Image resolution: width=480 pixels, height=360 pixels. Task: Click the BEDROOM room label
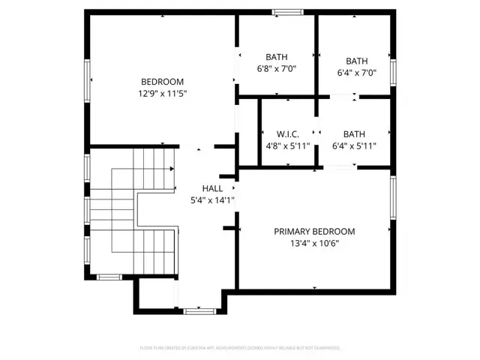pos(162,82)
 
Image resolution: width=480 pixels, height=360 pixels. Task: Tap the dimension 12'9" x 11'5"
pos(162,94)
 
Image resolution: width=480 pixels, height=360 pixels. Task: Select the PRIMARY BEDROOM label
pos(314,232)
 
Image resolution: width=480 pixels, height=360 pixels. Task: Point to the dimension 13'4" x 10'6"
pos(314,244)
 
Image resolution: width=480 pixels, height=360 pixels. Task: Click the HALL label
pos(212,188)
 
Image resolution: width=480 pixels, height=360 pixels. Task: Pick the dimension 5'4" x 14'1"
pos(212,200)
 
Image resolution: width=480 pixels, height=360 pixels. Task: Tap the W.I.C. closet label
pos(288,134)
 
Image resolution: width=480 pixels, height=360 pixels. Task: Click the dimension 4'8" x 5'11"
pos(288,147)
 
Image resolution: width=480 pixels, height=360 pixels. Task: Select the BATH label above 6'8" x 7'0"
pos(277,57)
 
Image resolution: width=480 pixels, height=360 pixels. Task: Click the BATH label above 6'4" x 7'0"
pos(356,61)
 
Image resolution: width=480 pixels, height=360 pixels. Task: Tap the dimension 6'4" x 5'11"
pos(354,147)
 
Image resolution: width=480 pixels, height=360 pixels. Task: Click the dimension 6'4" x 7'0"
pos(356,73)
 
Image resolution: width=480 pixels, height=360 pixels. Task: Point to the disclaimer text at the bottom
pos(240,348)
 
